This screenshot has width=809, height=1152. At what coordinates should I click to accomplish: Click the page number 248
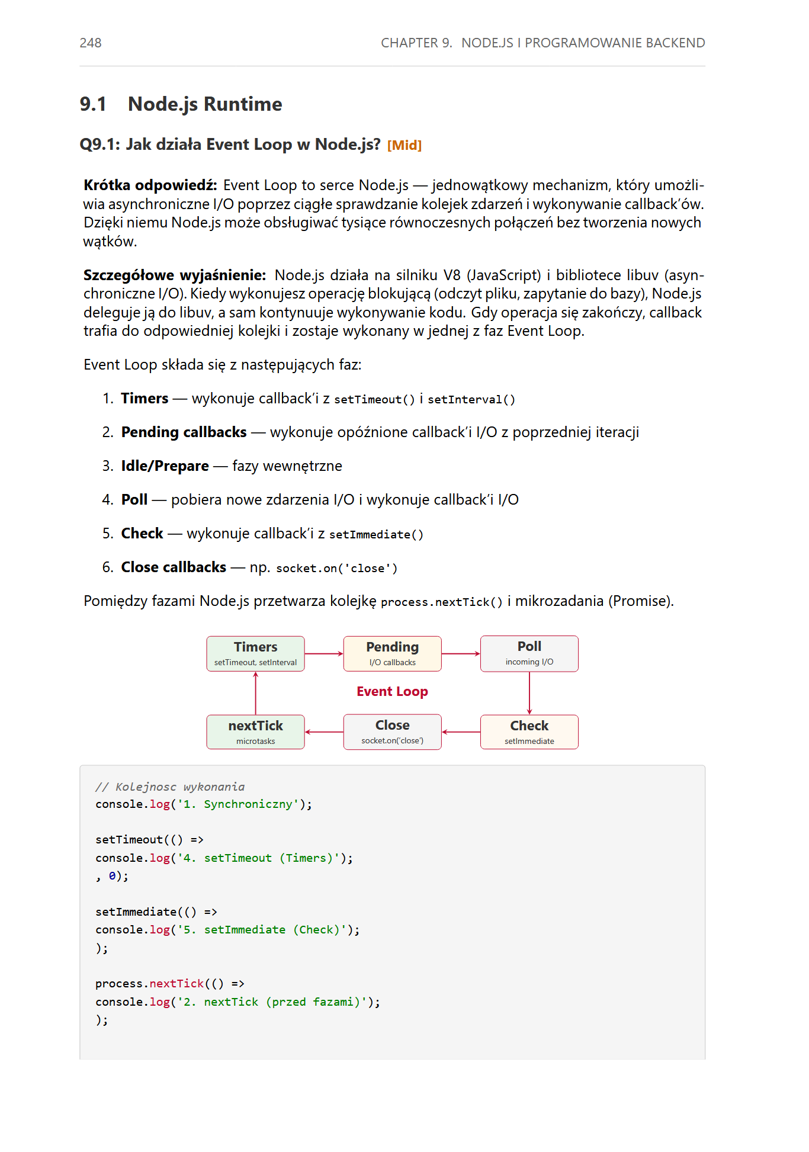click(91, 43)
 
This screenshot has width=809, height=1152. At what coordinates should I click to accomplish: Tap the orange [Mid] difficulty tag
click(404, 145)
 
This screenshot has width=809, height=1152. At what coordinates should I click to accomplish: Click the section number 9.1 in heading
click(93, 104)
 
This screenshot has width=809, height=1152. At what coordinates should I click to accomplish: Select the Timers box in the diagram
click(255, 653)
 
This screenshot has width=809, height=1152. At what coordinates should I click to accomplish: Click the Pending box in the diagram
click(392, 653)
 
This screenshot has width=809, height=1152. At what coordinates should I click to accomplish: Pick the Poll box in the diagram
click(529, 653)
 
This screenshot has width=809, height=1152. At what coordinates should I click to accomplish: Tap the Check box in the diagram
click(529, 732)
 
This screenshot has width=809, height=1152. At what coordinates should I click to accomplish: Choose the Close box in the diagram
click(392, 732)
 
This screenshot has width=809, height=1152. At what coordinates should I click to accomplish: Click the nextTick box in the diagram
click(255, 732)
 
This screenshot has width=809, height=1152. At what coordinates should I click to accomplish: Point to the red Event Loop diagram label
click(392, 692)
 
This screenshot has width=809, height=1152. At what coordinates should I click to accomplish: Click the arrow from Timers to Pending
click(324, 654)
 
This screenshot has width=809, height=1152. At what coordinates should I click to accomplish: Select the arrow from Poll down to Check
click(529, 693)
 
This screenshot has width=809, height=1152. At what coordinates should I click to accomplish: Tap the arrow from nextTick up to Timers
click(256, 693)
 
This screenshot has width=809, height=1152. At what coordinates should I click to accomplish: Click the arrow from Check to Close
click(461, 732)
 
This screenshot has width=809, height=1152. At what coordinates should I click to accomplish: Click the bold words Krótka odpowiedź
click(150, 185)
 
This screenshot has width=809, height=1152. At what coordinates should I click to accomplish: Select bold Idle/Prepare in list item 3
click(165, 466)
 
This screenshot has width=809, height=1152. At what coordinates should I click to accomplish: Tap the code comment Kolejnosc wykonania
click(170, 787)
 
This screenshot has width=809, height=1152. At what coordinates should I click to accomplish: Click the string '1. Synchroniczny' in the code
click(237, 804)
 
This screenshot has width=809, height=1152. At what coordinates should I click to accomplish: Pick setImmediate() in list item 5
click(376, 535)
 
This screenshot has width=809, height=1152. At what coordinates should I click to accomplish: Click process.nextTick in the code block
click(149, 984)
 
